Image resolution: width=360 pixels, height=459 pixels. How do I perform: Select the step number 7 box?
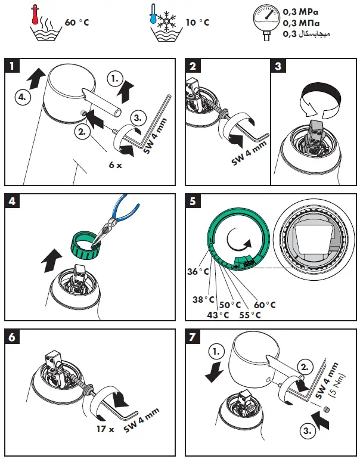pyautogui.click(x=193, y=336)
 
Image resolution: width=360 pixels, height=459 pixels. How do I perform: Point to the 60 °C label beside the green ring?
pyautogui.click(x=263, y=305)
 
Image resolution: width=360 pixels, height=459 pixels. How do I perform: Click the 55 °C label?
pyautogui.click(x=249, y=314)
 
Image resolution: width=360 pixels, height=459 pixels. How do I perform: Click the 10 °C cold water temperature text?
pyautogui.click(x=197, y=23)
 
